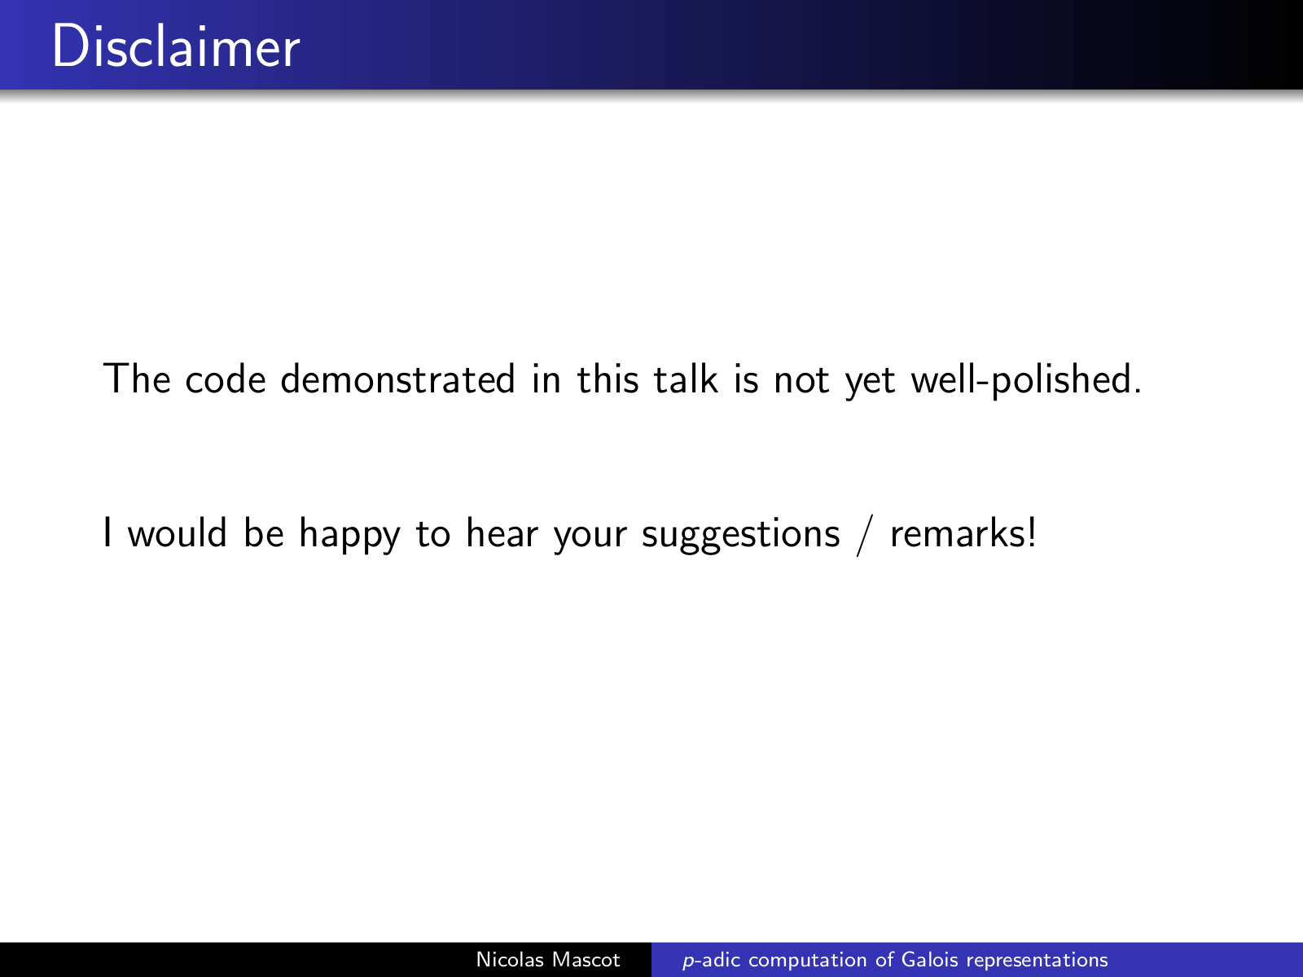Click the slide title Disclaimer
pos(176,46)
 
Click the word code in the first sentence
pos(226,379)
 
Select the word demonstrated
pos(397,379)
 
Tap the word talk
pos(686,379)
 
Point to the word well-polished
pos(1026,380)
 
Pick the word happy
pos(349,534)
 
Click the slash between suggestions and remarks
pos(865,535)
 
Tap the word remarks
pos(963,532)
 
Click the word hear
pos(502,532)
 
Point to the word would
pos(178,532)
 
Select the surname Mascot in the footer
pos(586,959)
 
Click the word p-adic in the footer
pos(711,961)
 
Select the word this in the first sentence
pos(608,379)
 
